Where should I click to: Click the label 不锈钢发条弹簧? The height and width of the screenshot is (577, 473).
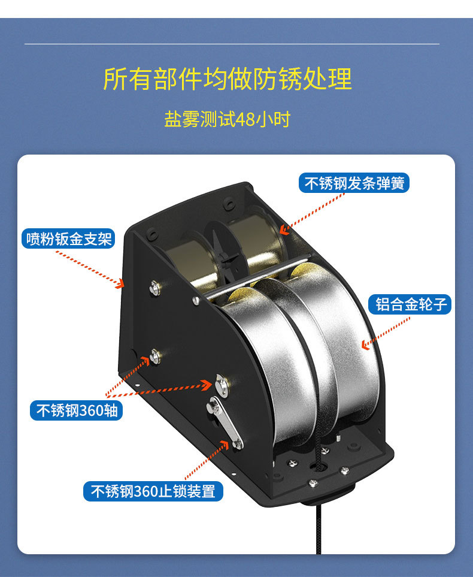coord(354,183)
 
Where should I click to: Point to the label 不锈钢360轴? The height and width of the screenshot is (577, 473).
coord(76,410)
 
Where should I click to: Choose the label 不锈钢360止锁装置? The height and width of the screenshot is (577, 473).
coord(153,491)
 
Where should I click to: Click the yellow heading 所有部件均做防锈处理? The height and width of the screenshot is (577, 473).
coord(228,79)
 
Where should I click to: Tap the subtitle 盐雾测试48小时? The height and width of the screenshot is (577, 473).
coord(228,119)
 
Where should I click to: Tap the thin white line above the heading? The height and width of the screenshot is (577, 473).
coord(232,44)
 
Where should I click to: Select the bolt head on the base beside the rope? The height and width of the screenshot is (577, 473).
coord(313,482)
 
